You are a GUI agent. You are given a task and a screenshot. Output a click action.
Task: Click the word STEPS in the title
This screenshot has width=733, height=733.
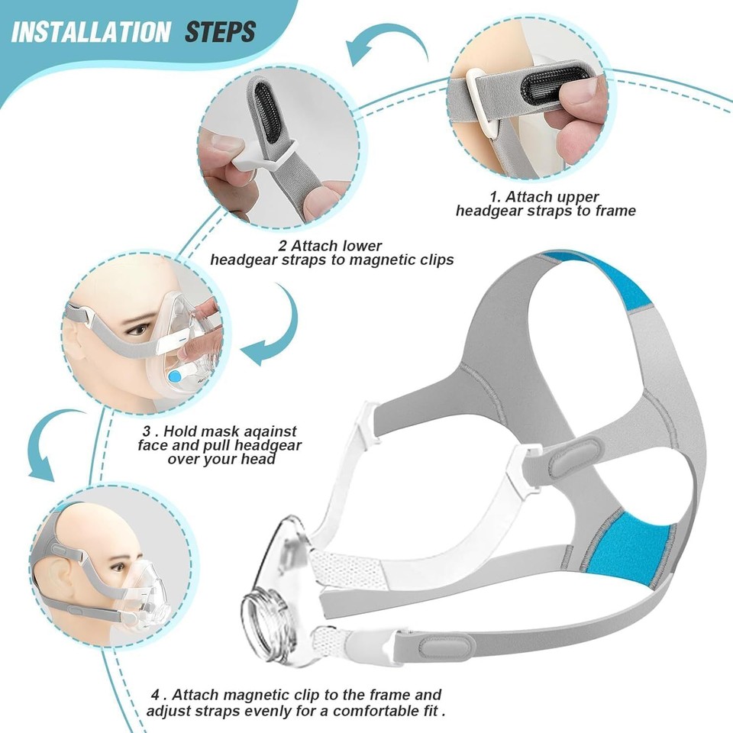click(x=221, y=32)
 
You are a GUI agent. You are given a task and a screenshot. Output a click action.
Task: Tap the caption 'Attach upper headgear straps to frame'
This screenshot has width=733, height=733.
click(x=545, y=204)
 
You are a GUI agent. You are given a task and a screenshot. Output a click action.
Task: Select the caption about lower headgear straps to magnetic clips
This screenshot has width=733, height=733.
click(x=332, y=253)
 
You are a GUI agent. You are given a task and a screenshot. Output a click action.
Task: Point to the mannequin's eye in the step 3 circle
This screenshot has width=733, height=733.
click(x=137, y=329)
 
